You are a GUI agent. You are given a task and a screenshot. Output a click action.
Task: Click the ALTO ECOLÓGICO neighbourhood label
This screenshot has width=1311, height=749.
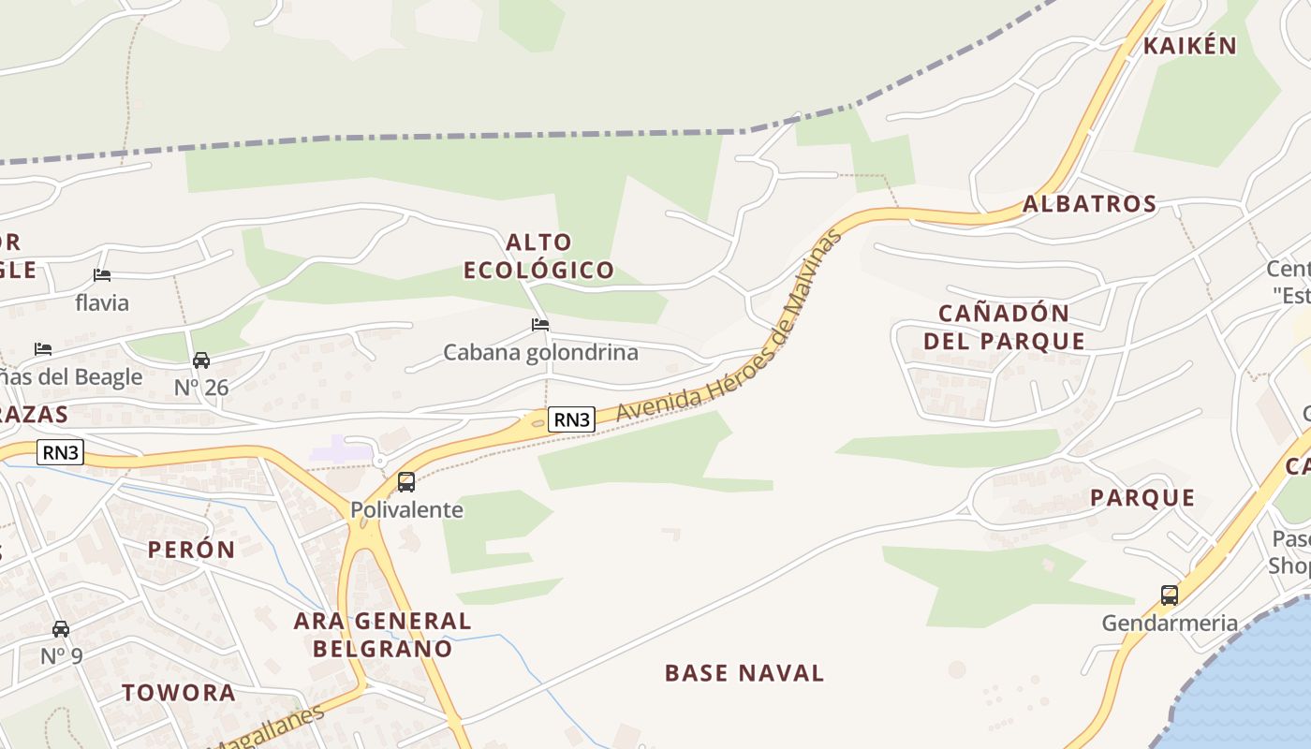pyautogui.click(x=539, y=257)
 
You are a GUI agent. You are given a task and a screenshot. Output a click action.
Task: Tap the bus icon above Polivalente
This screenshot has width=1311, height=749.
pyautogui.click(x=406, y=482)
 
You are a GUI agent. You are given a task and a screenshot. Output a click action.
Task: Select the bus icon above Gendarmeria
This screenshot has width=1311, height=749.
pyautogui.click(x=1169, y=595)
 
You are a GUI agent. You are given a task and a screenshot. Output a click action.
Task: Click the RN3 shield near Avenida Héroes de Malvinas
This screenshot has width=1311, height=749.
pyautogui.click(x=571, y=419)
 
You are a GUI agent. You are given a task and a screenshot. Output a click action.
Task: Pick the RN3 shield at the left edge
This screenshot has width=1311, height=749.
pyautogui.click(x=61, y=453)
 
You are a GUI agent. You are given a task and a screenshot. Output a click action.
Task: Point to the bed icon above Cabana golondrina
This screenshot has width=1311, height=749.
pyautogui.click(x=540, y=325)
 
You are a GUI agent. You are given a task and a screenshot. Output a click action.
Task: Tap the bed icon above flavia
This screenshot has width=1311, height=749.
pyautogui.click(x=102, y=275)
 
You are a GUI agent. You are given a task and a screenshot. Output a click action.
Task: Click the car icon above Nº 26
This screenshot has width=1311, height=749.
pyautogui.click(x=201, y=360)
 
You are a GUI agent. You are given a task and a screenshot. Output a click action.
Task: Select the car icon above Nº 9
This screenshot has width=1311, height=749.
pyautogui.click(x=61, y=628)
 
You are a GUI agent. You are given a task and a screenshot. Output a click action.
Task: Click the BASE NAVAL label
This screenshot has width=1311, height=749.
pyautogui.click(x=744, y=673)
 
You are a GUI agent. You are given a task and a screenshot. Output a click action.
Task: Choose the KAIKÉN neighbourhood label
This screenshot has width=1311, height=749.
pyautogui.click(x=1190, y=46)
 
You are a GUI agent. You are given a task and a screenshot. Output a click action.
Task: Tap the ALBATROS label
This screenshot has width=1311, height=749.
pyautogui.click(x=1090, y=204)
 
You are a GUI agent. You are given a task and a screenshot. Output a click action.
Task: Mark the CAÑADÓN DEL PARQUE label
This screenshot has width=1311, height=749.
pyautogui.click(x=1005, y=327)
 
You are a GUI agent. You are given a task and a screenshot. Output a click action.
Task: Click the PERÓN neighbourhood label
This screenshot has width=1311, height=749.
pyautogui.click(x=191, y=550)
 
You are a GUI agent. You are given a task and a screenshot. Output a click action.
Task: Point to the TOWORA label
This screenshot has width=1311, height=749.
pyautogui.click(x=179, y=693)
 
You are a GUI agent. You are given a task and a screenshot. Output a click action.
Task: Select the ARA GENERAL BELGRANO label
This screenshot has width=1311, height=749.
pyautogui.click(x=382, y=634)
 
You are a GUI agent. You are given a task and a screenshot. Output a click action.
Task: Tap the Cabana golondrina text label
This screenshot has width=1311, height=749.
pyautogui.click(x=540, y=353)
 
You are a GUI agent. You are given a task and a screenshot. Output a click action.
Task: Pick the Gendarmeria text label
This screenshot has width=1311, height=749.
pyautogui.click(x=1170, y=623)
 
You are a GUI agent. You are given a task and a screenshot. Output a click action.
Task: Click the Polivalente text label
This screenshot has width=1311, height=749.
pyautogui.click(x=406, y=510)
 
